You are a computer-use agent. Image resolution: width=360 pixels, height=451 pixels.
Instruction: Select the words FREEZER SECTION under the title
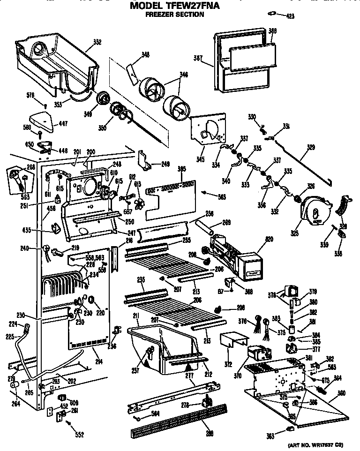(x=174, y=15)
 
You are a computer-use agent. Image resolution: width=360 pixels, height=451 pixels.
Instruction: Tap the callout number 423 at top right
(x=290, y=16)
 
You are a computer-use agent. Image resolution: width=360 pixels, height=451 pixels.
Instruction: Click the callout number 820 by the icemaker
(x=255, y=239)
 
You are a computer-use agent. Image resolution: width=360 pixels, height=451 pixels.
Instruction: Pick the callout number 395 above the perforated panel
(x=182, y=169)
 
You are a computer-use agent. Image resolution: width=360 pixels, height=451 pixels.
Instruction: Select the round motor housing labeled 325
(x=314, y=210)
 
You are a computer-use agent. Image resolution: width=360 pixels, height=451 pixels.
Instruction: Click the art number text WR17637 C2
(x=318, y=444)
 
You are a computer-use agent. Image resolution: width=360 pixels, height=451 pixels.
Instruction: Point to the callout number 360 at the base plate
(x=341, y=392)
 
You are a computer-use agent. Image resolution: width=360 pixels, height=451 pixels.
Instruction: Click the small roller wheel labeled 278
(x=204, y=403)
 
